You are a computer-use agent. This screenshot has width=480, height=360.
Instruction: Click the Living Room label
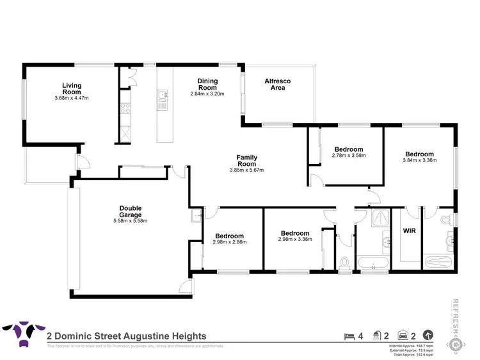point(71,88)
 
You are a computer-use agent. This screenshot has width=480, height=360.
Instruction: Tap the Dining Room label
point(207,84)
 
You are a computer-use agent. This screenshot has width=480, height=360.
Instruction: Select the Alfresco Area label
point(278,84)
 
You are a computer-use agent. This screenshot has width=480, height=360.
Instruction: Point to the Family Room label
point(246,160)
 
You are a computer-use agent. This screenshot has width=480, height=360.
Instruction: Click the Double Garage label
point(130,211)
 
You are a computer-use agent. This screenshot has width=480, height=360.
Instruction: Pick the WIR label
point(410,230)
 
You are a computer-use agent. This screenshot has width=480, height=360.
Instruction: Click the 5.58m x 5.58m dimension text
point(130,222)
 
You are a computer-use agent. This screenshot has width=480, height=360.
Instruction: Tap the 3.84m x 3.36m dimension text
point(419,161)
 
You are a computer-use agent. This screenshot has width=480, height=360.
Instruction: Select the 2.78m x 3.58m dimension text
point(348,156)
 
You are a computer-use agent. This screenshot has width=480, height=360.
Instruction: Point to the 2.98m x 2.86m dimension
point(229,242)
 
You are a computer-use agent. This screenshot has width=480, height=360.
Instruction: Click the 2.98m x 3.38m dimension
point(294,240)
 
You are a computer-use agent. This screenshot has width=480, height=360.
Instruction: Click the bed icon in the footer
point(348,335)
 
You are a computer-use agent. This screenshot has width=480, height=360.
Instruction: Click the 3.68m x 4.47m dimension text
point(71,98)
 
